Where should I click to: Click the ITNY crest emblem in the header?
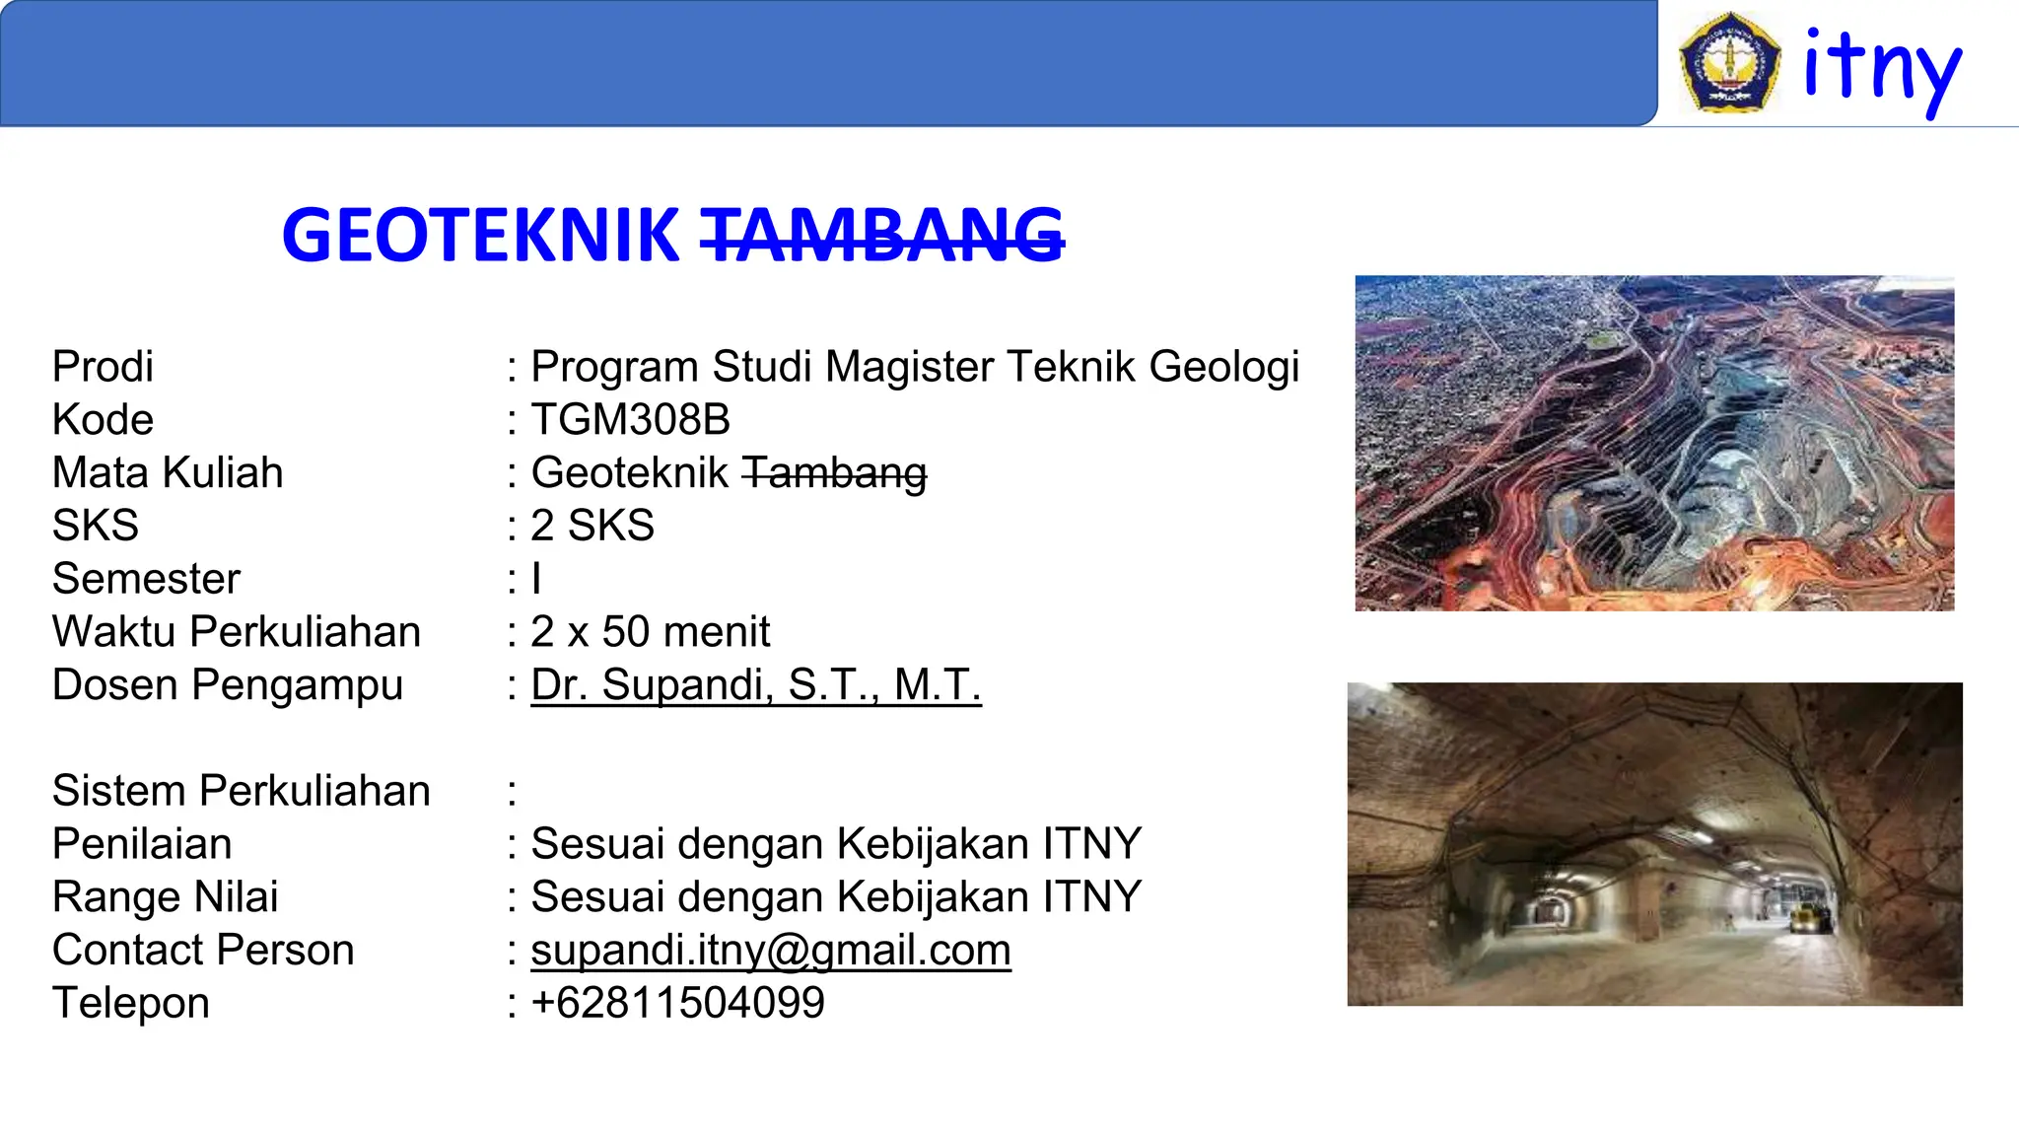(x=1729, y=61)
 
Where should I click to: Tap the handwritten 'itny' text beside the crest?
(x=1882, y=67)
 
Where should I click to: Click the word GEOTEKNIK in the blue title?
(x=480, y=236)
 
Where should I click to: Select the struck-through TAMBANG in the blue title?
(x=882, y=236)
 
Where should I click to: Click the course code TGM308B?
(x=630, y=420)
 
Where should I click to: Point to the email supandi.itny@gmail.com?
(x=770, y=951)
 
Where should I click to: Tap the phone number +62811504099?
(x=677, y=1004)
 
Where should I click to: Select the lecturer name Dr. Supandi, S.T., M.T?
(x=755, y=685)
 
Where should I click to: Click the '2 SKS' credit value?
(x=592, y=526)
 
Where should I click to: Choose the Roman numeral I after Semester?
(x=536, y=579)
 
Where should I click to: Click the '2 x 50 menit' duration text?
(x=650, y=632)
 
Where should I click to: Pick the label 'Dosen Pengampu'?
(x=228, y=685)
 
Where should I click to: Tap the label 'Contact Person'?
(x=203, y=951)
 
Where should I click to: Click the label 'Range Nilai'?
(x=165, y=897)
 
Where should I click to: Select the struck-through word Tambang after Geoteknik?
(x=834, y=473)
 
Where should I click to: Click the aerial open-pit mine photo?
(x=1654, y=443)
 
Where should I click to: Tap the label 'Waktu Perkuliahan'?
(x=237, y=632)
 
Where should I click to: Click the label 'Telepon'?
(x=131, y=1004)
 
